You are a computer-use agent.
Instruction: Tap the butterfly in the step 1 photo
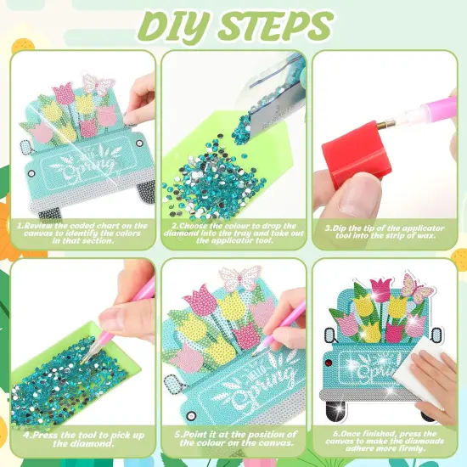(x=97, y=83)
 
